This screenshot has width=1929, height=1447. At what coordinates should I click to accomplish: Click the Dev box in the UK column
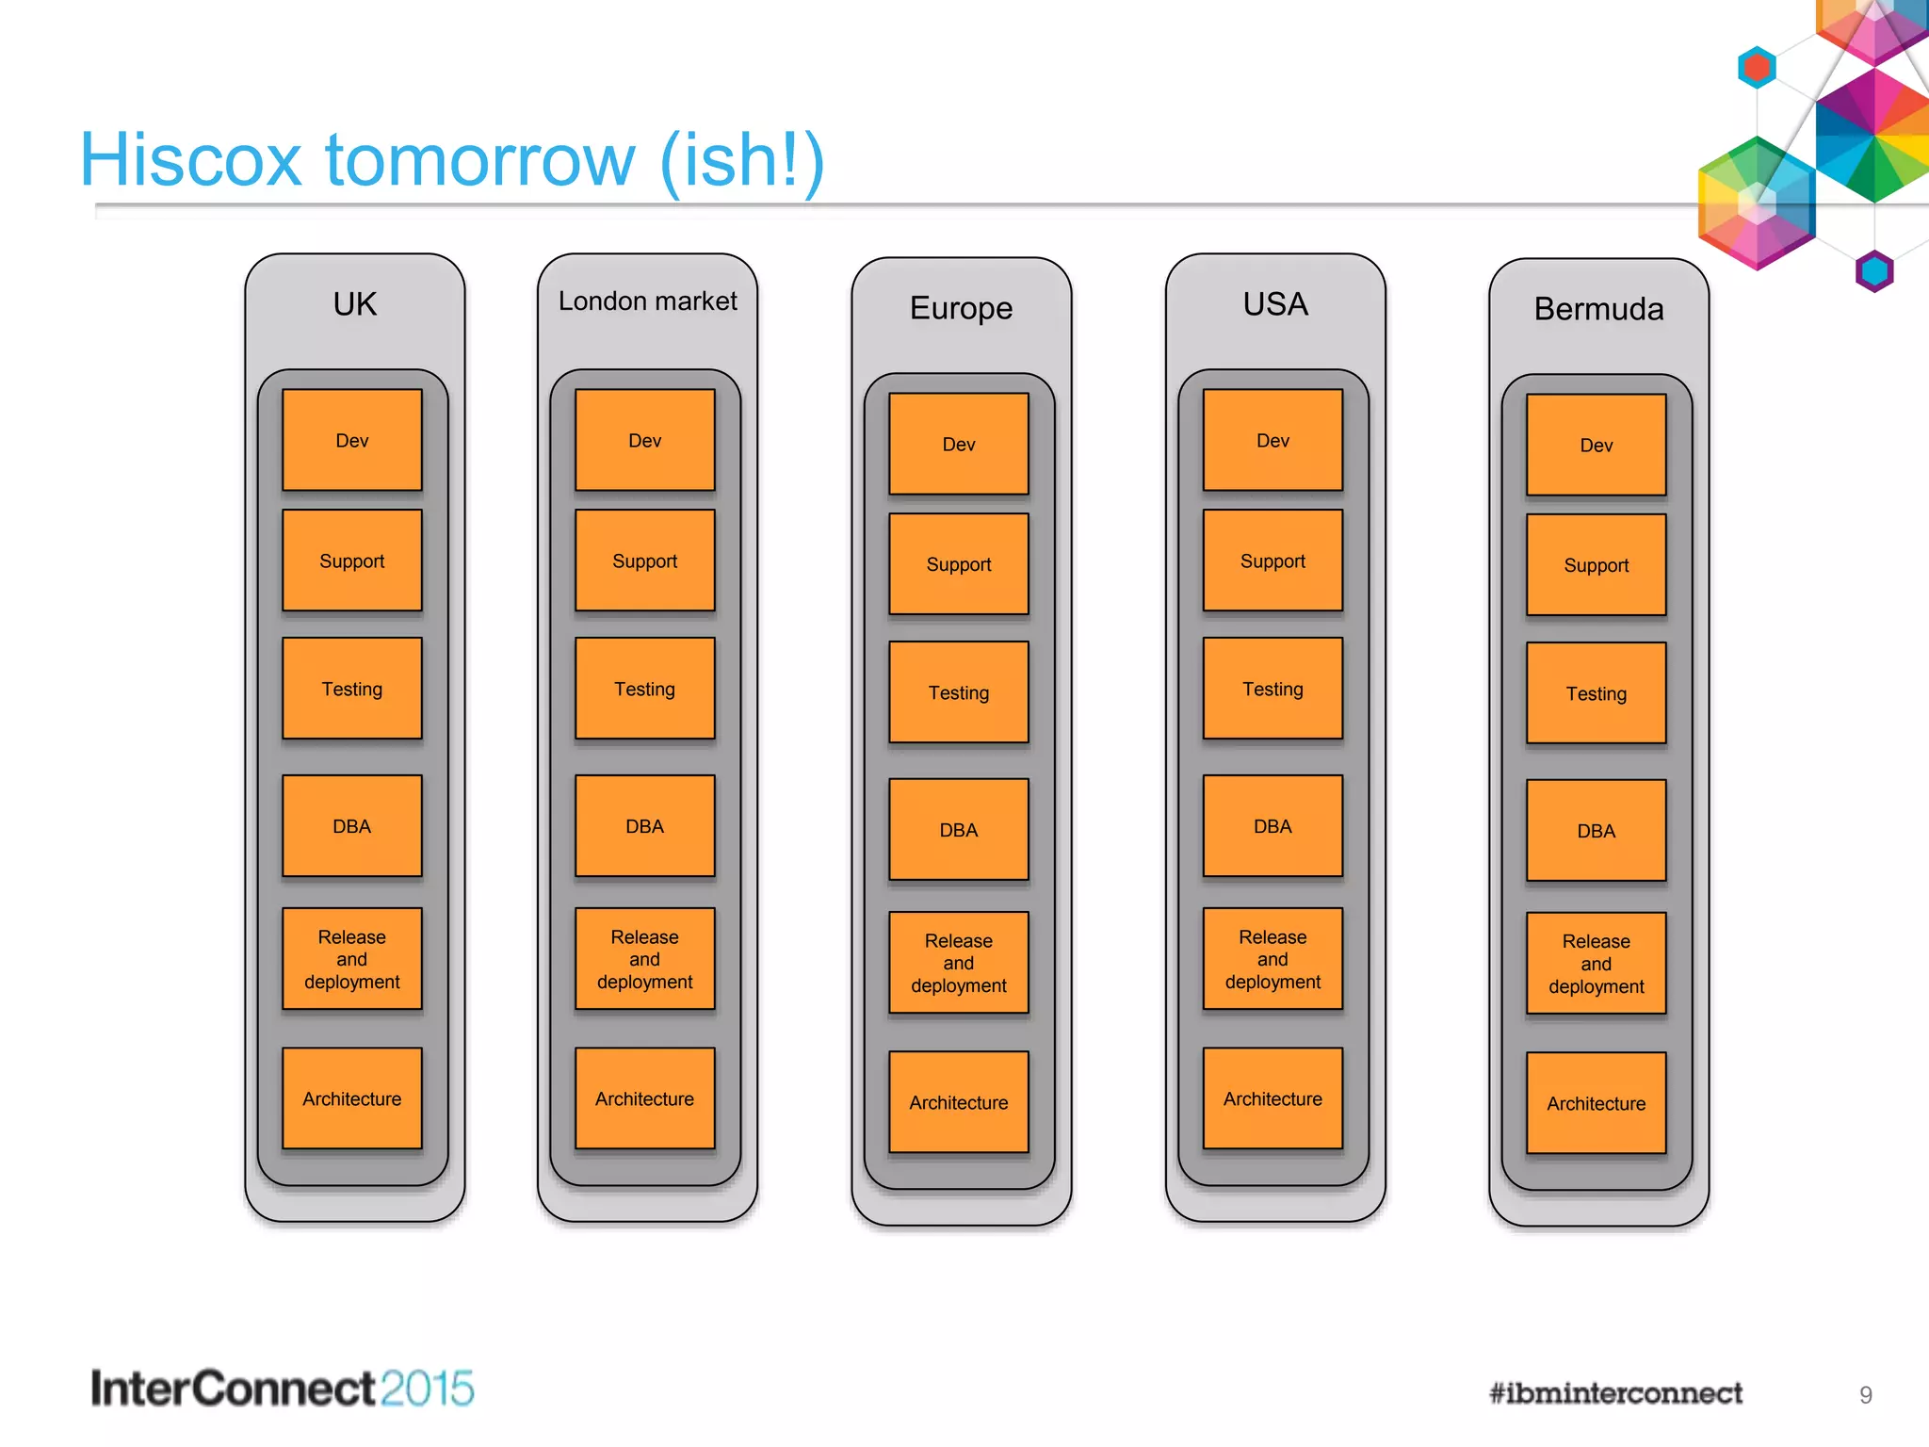[x=352, y=440]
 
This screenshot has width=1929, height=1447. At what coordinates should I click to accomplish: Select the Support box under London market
[x=645, y=561]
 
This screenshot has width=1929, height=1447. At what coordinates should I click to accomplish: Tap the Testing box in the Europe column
[x=959, y=692]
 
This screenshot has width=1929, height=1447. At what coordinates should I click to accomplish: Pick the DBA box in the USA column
[x=1272, y=826]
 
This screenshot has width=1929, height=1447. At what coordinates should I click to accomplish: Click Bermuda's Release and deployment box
[x=1597, y=964]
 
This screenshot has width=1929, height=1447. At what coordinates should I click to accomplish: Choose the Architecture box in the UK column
[x=352, y=1098]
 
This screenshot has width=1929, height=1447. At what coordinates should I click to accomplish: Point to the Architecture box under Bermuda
[x=1597, y=1103]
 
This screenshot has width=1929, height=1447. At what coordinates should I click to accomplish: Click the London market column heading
[x=648, y=301]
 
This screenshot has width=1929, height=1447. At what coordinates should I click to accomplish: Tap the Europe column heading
[x=961, y=308]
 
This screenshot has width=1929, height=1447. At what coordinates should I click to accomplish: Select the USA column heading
[x=1275, y=304]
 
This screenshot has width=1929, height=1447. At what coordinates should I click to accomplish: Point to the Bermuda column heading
[x=1598, y=309]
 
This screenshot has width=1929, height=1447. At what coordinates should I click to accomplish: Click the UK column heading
[x=355, y=304]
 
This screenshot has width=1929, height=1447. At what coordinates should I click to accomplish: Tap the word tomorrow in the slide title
[x=480, y=160]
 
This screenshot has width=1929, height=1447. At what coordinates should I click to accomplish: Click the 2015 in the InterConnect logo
[x=427, y=1389]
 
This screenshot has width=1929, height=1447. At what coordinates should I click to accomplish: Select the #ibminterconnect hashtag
[x=1615, y=1393]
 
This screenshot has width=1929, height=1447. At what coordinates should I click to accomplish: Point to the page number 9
[x=1865, y=1395]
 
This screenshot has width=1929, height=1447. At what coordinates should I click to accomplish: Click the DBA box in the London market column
[x=645, y=826]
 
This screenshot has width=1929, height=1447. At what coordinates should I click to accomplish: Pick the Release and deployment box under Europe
[x=959, y=963]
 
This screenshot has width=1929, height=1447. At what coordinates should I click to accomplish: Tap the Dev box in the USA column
[x=1272, y=440]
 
